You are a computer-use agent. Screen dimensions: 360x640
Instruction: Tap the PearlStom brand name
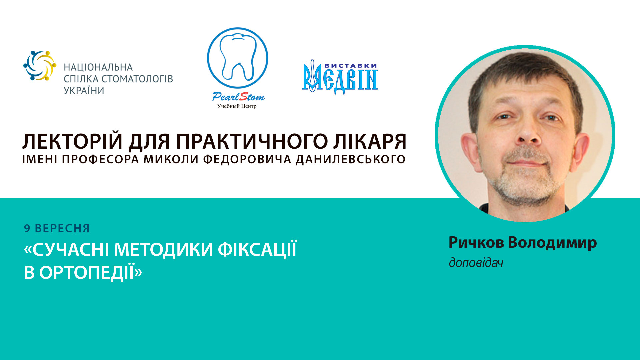tap(238, 97)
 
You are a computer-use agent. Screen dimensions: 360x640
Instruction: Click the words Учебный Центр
tap(237, 106)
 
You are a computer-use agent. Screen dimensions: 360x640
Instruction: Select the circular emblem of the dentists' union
tap(40, 66)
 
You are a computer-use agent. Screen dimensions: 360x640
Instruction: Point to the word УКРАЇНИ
tap(84, 91)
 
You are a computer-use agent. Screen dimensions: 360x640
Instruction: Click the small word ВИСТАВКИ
tap(350, 66)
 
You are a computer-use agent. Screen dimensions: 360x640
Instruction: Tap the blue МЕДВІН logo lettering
tap(340, 80)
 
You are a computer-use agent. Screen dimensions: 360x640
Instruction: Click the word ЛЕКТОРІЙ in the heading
tap(72, 141)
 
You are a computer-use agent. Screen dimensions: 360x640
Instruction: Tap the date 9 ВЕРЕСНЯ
tap(57, 228)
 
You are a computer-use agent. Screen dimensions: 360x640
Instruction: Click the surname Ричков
tap(476, 242)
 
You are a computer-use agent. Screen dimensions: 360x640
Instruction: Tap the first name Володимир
tap(552, 242)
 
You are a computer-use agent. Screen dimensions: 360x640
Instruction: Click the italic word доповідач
tap(476, 263)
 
